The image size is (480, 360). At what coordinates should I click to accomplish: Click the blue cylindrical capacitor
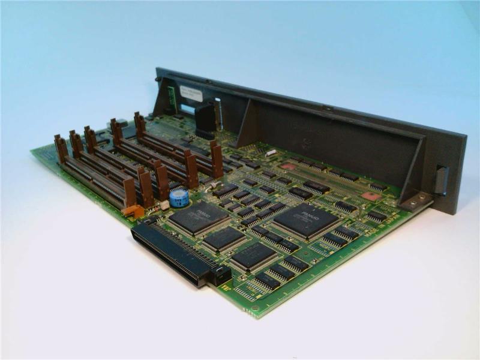pos(178,198)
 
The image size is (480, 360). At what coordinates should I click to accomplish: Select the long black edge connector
pos(171,250)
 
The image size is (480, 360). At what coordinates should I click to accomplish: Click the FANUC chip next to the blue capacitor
pos(199,217)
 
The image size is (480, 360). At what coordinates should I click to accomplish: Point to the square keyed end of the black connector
pos(220,275)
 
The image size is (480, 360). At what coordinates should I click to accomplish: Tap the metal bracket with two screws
pos(417,200)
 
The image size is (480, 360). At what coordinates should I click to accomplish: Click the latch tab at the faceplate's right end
pos(442,180)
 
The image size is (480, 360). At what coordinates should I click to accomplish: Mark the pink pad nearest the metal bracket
pos(371,196)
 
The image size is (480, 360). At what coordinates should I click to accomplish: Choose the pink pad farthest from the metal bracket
pos(289,166)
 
